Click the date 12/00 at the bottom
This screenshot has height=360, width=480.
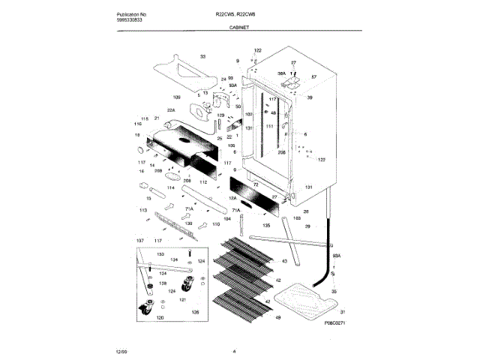121,350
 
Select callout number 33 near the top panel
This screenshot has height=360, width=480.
202,57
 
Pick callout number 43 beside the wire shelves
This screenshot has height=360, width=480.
284,260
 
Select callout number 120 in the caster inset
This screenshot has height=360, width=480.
159,318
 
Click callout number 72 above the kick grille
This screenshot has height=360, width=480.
255,184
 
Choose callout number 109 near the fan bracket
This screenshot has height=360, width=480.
177,98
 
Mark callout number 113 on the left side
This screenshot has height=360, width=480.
142,211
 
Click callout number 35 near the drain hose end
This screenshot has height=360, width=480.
334,290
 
